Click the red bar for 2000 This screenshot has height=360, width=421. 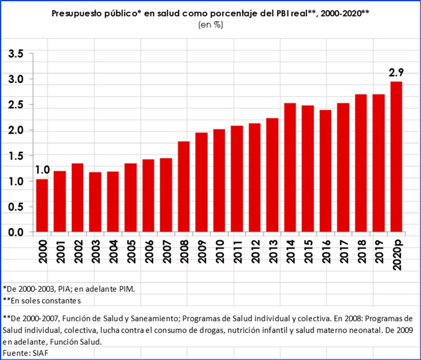(42, 206)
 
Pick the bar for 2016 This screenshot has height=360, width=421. (326, 171)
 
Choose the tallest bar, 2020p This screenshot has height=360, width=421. (396, 157)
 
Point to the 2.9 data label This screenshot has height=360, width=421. (396, 72)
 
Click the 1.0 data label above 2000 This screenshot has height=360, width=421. (42, 170)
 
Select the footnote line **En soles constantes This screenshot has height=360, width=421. (42, 300)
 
